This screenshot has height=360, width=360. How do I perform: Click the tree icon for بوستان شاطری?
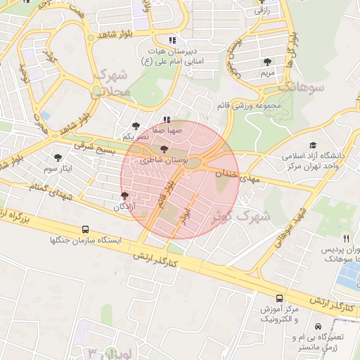(165, 149)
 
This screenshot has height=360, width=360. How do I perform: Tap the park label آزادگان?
(125, 207)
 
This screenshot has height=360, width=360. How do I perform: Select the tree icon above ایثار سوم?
(58, 158)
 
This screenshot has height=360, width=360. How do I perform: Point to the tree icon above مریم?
(267, 62)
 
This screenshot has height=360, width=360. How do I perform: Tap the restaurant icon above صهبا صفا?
(167, 120)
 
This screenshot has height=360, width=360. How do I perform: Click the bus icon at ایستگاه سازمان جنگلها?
(86, 229)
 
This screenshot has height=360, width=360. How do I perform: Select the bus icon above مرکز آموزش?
(280, 298)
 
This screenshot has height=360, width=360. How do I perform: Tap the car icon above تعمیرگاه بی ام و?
(319, 327)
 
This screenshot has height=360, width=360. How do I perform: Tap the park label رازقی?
(262, 11)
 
